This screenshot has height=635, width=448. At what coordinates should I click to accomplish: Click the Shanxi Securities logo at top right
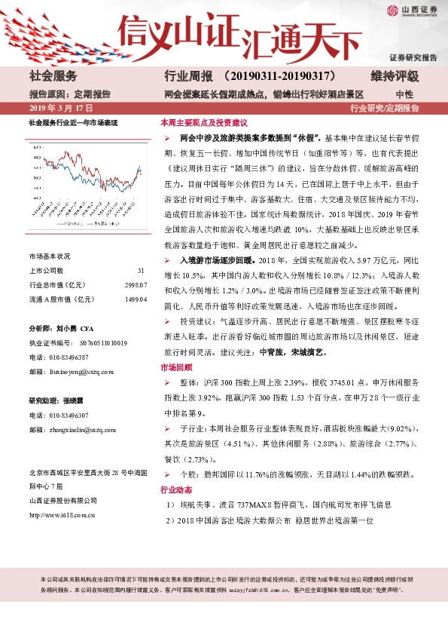coord(413,11)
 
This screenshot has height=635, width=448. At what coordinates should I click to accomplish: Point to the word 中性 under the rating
coord(404,94)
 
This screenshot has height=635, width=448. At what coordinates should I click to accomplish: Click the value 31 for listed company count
coord(141,271)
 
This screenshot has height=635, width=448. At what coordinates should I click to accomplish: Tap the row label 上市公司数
coord(46,271)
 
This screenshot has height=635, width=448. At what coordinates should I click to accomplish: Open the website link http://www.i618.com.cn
coord(62,515)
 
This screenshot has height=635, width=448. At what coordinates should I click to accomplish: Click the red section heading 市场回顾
coord(176,367)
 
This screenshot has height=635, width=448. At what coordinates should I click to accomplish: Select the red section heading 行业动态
coord(176,489)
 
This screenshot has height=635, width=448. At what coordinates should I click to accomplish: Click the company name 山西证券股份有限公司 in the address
coord(63,501)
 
